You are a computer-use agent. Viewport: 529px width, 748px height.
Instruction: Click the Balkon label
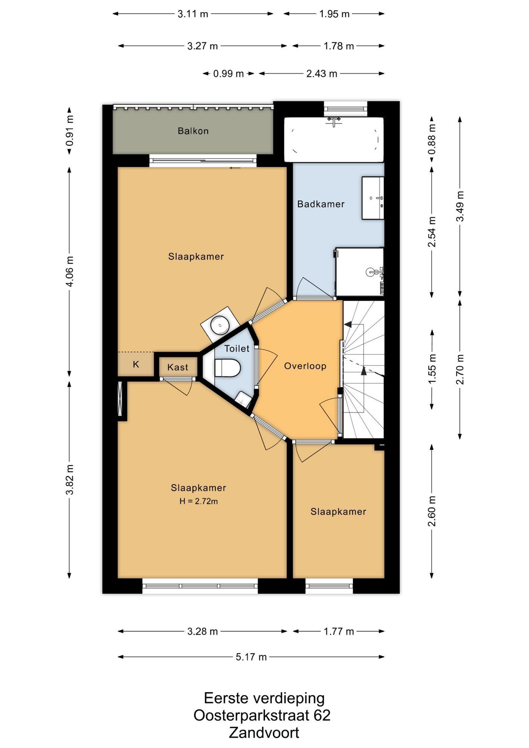click(x=193, y=131)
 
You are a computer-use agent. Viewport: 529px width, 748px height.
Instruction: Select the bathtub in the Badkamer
click(x=334, y=139)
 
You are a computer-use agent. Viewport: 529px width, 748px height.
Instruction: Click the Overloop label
click(x=305, y=366)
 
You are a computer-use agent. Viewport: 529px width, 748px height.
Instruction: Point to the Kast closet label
click(x=178, y=367)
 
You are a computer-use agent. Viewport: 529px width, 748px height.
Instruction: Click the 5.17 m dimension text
click(x=251, y=657)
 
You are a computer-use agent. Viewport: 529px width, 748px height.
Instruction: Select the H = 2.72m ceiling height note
click(x=199, y=501)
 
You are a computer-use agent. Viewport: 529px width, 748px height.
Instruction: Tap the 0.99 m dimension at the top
click(x=228, y=74)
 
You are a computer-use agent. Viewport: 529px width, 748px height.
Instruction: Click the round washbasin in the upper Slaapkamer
click(x=220, y=324)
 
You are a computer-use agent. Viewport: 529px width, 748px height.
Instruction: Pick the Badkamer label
click(x=321, y=204)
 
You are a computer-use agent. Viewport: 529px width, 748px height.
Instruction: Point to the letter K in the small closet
click(x=136, y=365)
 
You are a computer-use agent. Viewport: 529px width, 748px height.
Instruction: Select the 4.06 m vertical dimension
click(x=69, y=271)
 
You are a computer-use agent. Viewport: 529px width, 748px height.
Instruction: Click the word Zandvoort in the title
click(x=264, y=732)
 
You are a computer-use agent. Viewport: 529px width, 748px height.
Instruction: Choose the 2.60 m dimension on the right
click(x=432, y=511)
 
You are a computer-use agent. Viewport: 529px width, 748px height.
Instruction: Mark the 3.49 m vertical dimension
click(x=460, y=206)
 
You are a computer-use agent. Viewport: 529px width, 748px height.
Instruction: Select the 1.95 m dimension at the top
click(x=334, y=14)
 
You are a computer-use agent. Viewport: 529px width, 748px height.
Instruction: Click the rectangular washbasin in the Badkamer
click(x=373, y=198)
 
